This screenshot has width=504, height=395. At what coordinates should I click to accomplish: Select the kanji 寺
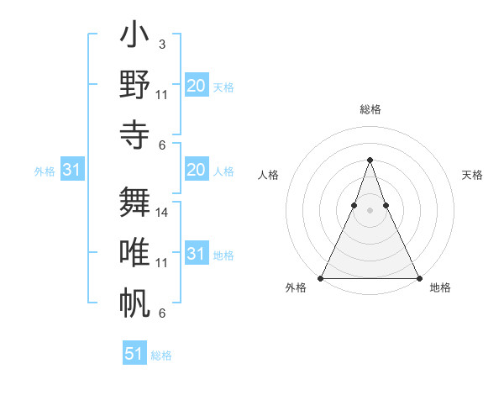point(135,134)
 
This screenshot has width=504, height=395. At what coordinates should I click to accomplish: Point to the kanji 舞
point(135,203)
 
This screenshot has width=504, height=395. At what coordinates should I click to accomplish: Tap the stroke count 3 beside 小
point(161,44)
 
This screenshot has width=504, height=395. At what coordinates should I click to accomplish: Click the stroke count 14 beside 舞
point(163,213)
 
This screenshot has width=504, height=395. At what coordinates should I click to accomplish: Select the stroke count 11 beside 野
point(162,94)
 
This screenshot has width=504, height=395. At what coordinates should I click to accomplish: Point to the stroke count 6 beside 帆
point(161,313)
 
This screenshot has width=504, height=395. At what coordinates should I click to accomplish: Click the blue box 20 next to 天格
point(196,86)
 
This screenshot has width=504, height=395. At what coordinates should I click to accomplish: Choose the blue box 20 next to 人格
point(196,171)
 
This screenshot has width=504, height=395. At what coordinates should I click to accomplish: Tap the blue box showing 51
point(134,354)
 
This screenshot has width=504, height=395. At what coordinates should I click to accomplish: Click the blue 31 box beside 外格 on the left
point(71,171)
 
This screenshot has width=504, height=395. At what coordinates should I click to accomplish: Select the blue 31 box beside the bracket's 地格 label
point(196,255)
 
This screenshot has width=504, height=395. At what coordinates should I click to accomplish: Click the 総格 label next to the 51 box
point(161,355)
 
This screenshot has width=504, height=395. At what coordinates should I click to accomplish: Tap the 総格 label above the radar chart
point(370,109)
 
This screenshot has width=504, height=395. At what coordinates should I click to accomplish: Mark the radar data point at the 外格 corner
point(321,277)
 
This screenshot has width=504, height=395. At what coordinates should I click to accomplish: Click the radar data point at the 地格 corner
point(418,277)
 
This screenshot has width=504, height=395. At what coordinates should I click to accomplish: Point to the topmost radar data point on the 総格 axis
point(370,160)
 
